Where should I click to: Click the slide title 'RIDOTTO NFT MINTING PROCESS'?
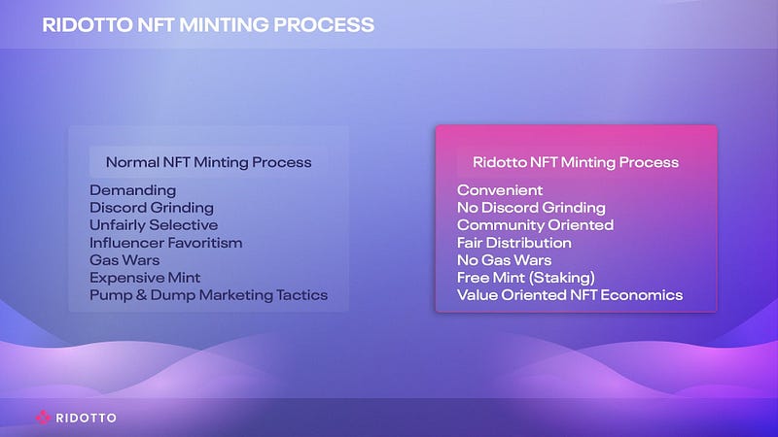[208, 25]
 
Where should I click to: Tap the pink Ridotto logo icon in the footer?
[43, 418]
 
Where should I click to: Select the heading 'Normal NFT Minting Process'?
[208, 162]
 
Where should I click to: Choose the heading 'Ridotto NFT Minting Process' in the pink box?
[576, 162]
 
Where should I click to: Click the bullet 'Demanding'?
[133, 190]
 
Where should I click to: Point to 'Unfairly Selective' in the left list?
[154, 225]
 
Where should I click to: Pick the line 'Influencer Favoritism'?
[166, 243]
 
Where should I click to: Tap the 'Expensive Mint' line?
[145, 278]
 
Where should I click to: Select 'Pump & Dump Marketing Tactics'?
[209, 295]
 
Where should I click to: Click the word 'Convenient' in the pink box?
[500, 190]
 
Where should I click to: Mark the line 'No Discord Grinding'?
[531, 208]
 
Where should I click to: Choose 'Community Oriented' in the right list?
[536, 225]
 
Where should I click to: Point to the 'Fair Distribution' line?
[514, 243]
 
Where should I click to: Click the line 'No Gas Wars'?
[504, 260]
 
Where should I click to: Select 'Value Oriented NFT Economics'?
[570, 295]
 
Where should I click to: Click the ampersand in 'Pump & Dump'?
[141, 295]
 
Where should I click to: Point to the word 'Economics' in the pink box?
[642, 295]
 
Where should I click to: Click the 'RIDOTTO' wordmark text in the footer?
[87, 418]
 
